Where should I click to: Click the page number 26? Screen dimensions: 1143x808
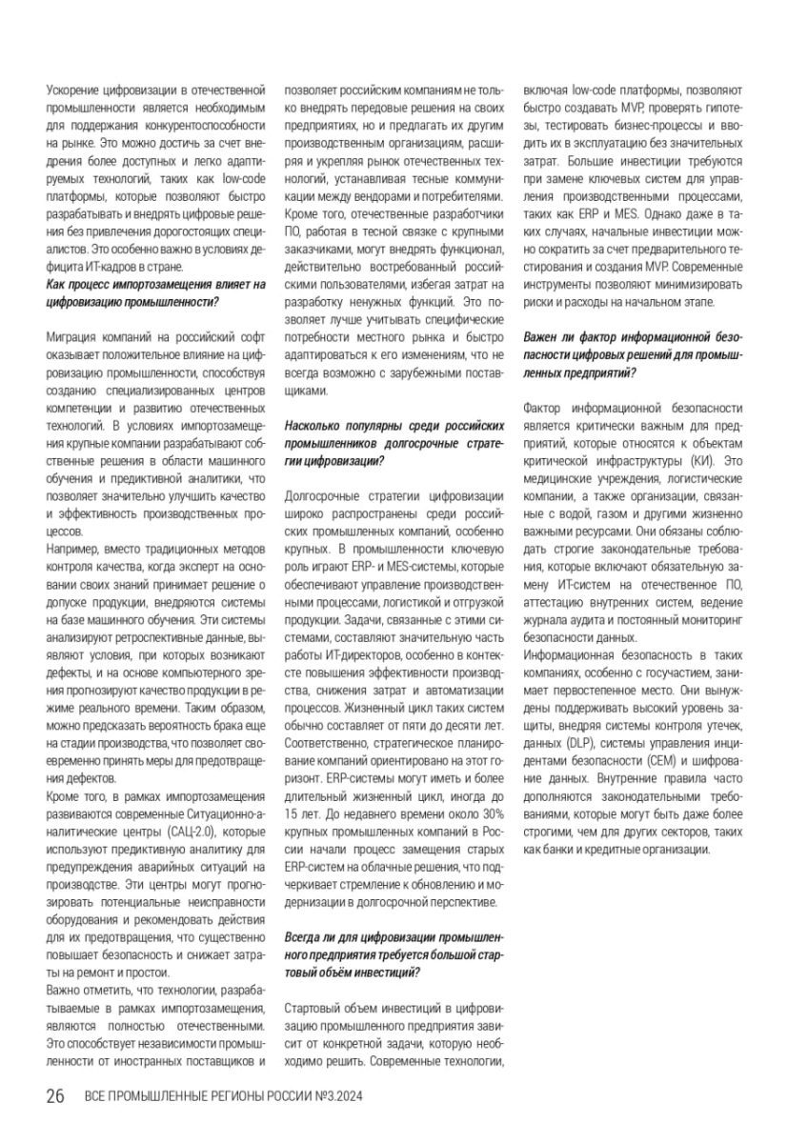click(54, 1096)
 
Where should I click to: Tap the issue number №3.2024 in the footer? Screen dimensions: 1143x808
click(340, 1097)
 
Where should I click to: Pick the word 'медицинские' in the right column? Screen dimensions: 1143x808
click(564, 477)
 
